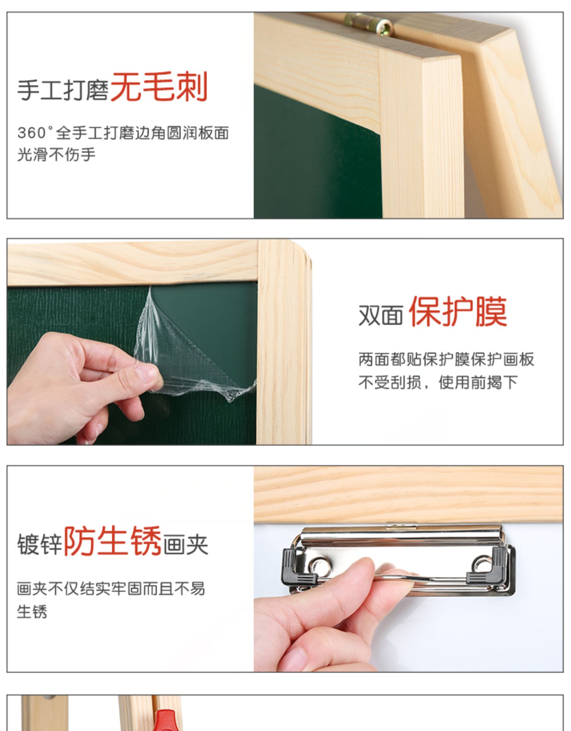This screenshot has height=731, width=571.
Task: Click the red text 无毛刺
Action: [x=159, y=87]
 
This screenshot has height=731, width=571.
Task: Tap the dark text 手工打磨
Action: [x=63, y=90]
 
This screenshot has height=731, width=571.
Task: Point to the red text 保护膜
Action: [x=458, y=311]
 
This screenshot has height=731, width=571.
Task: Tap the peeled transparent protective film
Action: [x=188, y=347]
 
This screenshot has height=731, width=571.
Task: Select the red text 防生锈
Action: [x=112, y=541]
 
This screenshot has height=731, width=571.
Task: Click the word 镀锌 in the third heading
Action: [x=40, y=545]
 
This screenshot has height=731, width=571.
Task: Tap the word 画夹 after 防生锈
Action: [x=186, y=545]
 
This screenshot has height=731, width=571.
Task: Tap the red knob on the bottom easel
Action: [x=166, y=720]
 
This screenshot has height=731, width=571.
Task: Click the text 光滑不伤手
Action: [x=56, y=155]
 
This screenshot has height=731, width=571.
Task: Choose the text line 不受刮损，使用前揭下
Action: [x=438, y=382]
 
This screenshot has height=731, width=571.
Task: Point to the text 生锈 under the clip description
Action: [x=32, y=612]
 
